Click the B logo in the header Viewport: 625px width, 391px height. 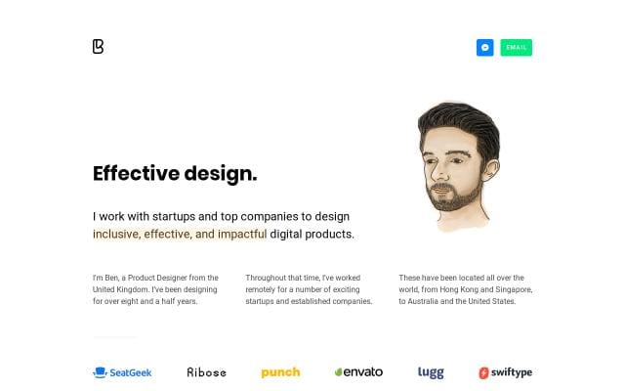[x=98, y=46]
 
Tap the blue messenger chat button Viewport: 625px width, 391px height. [x=484, y=48]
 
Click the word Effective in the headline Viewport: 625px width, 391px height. [x=137, y=174]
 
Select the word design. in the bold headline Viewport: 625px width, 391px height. [x=221, y=174]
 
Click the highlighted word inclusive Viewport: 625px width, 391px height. [x=116, y=234]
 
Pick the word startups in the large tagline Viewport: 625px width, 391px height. [x=174, y=217]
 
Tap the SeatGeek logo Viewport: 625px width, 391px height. [x=122, y=372]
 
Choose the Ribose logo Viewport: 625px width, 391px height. [x=206, y=372]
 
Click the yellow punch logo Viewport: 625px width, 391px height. [x=280, y=372]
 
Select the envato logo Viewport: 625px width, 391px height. [x=358, y=371]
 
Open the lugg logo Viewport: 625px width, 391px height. [x=431, y=372]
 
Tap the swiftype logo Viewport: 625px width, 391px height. [x=506, y=372]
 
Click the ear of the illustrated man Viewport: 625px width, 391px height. [x=490, y=170]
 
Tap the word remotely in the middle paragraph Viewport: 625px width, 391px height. [x=261, y=289]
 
